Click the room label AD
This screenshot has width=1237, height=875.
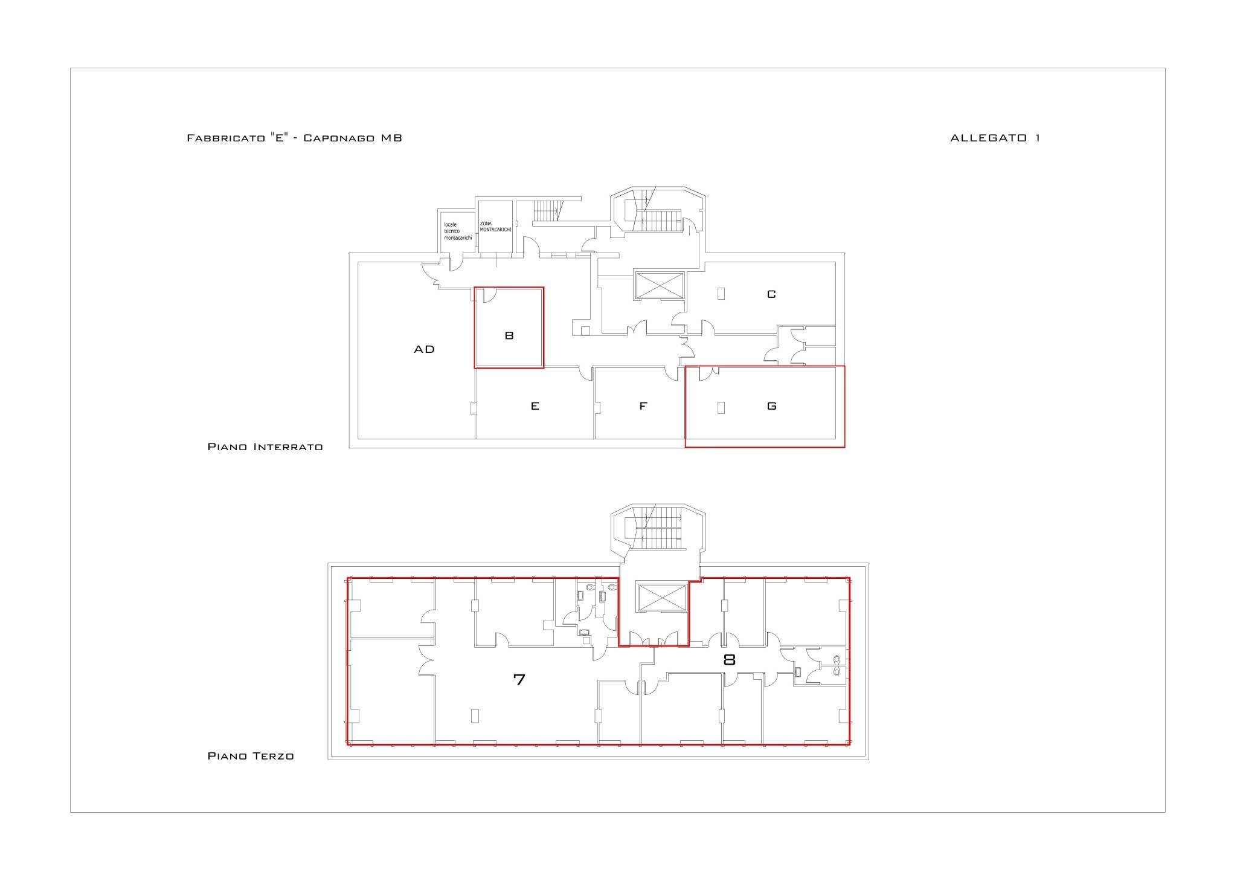click(x=424, y=349)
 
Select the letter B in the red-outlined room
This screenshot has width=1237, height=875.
click(x=509, y=335)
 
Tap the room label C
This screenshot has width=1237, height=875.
click(x=771, y=294)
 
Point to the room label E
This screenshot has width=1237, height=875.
click(x=535, y=406)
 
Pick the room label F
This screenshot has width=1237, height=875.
click(x=643, y=406)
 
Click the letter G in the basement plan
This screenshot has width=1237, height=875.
click(x=771, y=406)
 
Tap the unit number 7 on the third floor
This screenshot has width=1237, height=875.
click(x=519, y=679)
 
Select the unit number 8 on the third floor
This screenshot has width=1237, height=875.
click(x=729, y=660)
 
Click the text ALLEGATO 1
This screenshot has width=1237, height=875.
click(x=995, y=138)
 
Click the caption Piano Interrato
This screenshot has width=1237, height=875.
click(x=265, y=447)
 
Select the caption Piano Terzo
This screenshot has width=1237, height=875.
click(x=251, y=756)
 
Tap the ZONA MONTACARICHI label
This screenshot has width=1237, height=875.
click(x=495, y=227)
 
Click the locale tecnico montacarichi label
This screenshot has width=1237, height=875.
click(x=457, y=231)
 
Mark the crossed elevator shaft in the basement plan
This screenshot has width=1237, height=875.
click(x=659, y=285)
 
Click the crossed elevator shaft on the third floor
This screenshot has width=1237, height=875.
click(x=662, y=598)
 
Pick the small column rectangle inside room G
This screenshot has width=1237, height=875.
click(x=721, y=408)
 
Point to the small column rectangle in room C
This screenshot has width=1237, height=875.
click(x=721, y=294)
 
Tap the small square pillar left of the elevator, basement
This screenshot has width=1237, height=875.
click(x=585, y=330)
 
